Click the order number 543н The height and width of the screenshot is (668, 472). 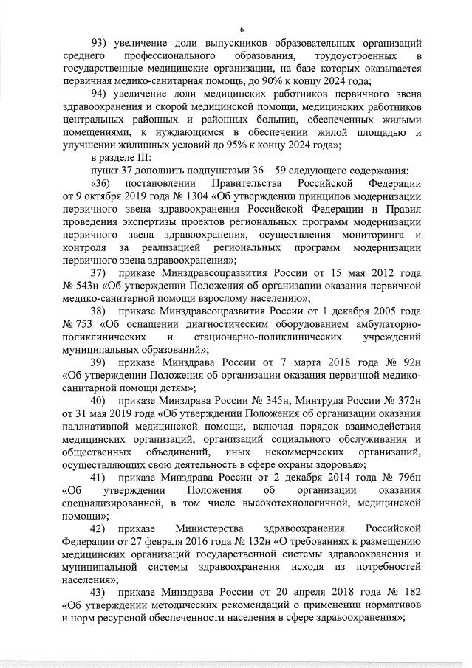pyautogui.click(x=81, y=286)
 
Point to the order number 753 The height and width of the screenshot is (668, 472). pyautogui.click(x=81, y=324)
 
